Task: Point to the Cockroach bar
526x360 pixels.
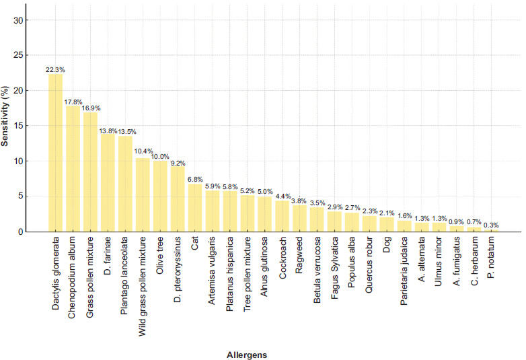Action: pyautogui.click(x=283, y=216)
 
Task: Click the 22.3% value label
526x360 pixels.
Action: pyautogui.click(x=55, y=69)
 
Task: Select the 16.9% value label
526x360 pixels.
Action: pyautogui.click(x=90, y=108)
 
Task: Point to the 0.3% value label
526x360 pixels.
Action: pyautogui.click(x=491, y=225)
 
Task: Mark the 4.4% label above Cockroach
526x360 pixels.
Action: pyautogui.click(x=283, y=196)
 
